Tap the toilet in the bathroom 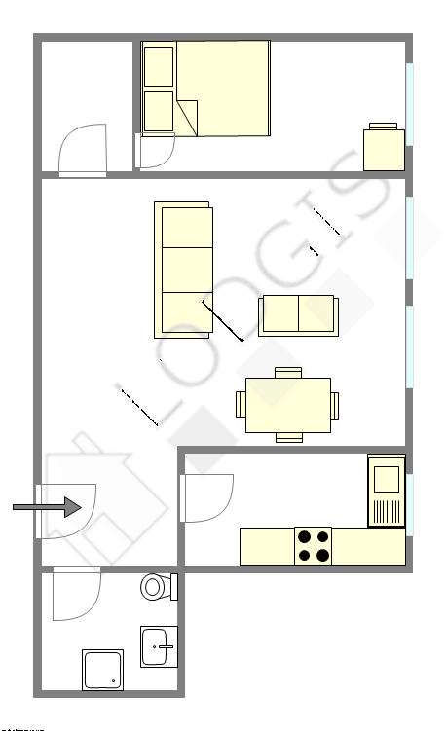coord(156,587)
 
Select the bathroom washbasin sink coord(159,645)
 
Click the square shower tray coord(102,670)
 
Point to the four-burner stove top coord(313,545)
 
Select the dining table coord(288,405)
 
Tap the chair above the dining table coord(289,372)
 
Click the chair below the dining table coord(289,438)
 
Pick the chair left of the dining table coord(241,405)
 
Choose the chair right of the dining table coord(336,405)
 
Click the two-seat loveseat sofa coord(298,315)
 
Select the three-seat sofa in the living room coord(183,270)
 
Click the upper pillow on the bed coord(158,66)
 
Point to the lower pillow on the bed coord(158,111)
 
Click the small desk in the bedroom coord(384,149)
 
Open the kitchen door coord(206,498)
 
